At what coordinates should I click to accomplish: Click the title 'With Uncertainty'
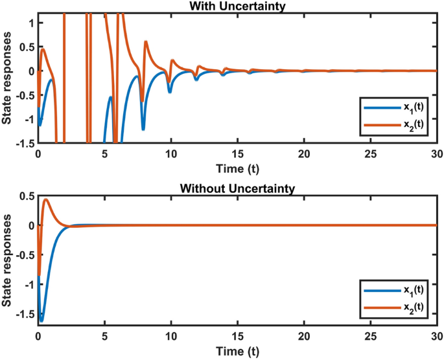coord(237,6)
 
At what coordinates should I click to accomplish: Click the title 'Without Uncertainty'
coord(237,189)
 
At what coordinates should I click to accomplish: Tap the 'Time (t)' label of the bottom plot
coord(237,350)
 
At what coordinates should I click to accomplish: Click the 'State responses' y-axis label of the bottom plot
coord(8,262)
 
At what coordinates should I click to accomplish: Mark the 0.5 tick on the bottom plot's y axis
coord(27,197)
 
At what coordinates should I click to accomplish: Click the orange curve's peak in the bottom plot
coord(46,200)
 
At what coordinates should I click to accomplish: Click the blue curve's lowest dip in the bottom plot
coord(41,321)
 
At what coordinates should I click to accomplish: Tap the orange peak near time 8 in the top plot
coord(146,42)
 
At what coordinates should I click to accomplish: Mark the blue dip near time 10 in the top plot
coord(170,91)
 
